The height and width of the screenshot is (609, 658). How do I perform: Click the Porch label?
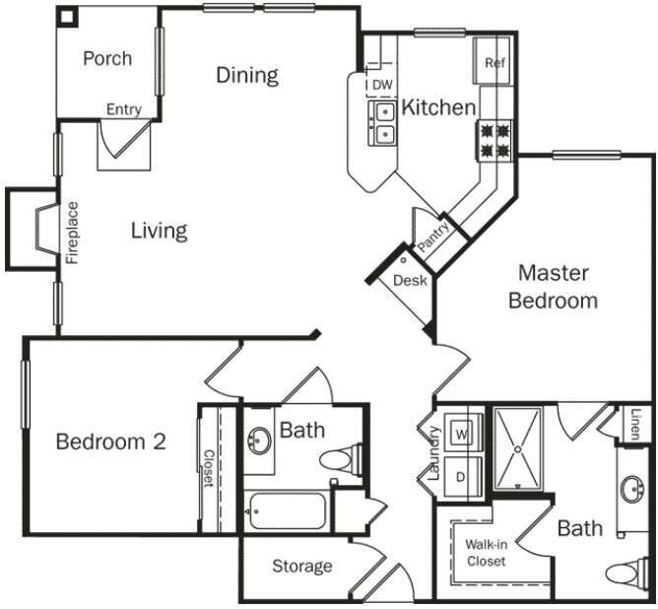click(x=107, y=58)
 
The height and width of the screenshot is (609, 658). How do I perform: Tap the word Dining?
click(x=247, y=75)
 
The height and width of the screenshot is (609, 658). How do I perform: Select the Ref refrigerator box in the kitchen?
click(x=494, y=63)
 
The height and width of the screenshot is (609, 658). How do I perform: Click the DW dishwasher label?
click(x=381, y=86)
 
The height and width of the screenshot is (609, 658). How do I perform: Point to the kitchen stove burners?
click(x=495, y=139)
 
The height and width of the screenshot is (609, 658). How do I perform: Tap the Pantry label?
click(x=433, y=237)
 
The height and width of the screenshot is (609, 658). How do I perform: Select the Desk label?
click(x=409, y=281)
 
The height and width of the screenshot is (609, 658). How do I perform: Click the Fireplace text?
click(x=72, y=233)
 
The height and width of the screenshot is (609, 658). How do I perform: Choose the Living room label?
click(x=159, y=231)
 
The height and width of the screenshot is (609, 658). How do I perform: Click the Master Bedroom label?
click(x=553, y=286)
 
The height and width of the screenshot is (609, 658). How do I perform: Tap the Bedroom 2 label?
click(x=110, y=441)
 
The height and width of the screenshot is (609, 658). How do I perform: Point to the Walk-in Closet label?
click(x=486, y=553)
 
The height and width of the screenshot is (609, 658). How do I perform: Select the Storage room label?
click(x=302, y=567)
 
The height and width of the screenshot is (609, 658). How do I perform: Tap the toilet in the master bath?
click(x=627, y=574)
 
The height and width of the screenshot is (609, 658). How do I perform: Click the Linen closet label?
click(x=636, y=424)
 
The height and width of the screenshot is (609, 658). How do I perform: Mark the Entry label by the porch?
click(x=123, y=109)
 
